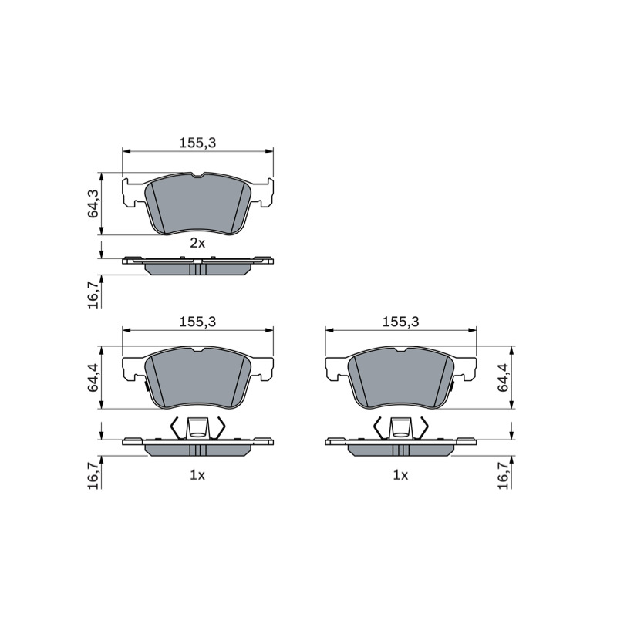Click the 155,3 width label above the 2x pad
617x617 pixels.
[x=197, y=143]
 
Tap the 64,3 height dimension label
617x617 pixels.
[x=93, y=204]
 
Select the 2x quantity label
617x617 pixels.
[x=197, y=244]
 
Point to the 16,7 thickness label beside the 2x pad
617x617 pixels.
[x=93, y=295]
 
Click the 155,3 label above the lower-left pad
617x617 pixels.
[x=197, y=322]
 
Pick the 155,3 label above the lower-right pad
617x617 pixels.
[x=400, y=322]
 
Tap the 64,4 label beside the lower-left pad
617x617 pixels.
[x=93, y=378]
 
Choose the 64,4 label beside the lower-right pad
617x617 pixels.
[x=504, y=378]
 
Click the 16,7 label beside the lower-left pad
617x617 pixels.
[x=93, y=476]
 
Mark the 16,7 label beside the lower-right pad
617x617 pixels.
[x=504, y=476]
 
